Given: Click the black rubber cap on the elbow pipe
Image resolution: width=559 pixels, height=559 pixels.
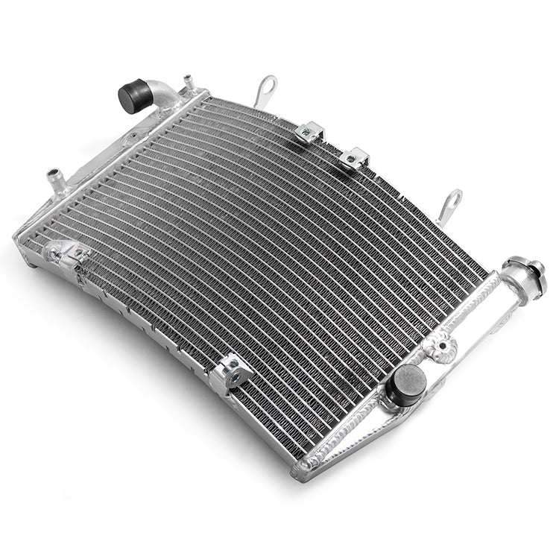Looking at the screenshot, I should point(133,95).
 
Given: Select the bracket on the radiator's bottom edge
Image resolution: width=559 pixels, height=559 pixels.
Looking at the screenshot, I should point(230,373).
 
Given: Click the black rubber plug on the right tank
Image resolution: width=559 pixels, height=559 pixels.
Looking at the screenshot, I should point(408,381).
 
